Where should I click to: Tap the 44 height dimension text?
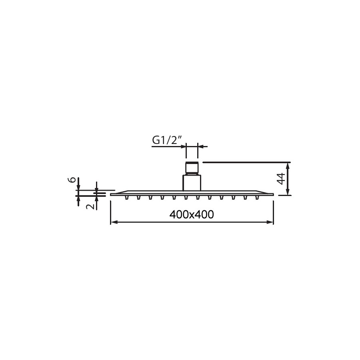pos(281,178)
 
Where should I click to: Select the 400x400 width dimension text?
pos(192,214)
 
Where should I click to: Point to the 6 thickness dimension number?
pos(72,180)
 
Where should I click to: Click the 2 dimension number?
pos(90,206)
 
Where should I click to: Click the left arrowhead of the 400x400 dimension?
pos(114,222)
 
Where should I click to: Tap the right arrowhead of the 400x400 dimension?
pos(270,222)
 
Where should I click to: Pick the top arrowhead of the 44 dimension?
pos(288,166)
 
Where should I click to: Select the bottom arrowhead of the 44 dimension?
pos(288,192)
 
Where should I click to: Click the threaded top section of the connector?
pos(192,168)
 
